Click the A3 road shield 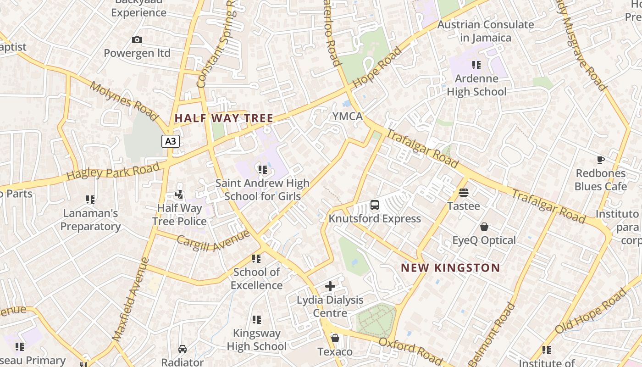(x=170, y=141)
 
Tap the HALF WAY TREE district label (x=224, y=118)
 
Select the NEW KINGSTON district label (x=450, y=268)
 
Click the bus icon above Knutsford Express (x=375, y=205)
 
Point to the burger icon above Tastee (x=464, y=193)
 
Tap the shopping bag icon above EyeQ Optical (x=484, y=227)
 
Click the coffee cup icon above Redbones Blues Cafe (x=601, y=160)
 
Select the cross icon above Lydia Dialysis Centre (x=330, y=287)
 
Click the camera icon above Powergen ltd (x=137, y=40)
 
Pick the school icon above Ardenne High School (x=476, y=65)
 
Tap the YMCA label (x=348, y=117)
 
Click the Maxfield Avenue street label (x=131, y=299)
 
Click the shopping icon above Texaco (x=335, y=339)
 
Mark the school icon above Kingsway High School (x=257, y=320)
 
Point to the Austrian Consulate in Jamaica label (x=486, y=31)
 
